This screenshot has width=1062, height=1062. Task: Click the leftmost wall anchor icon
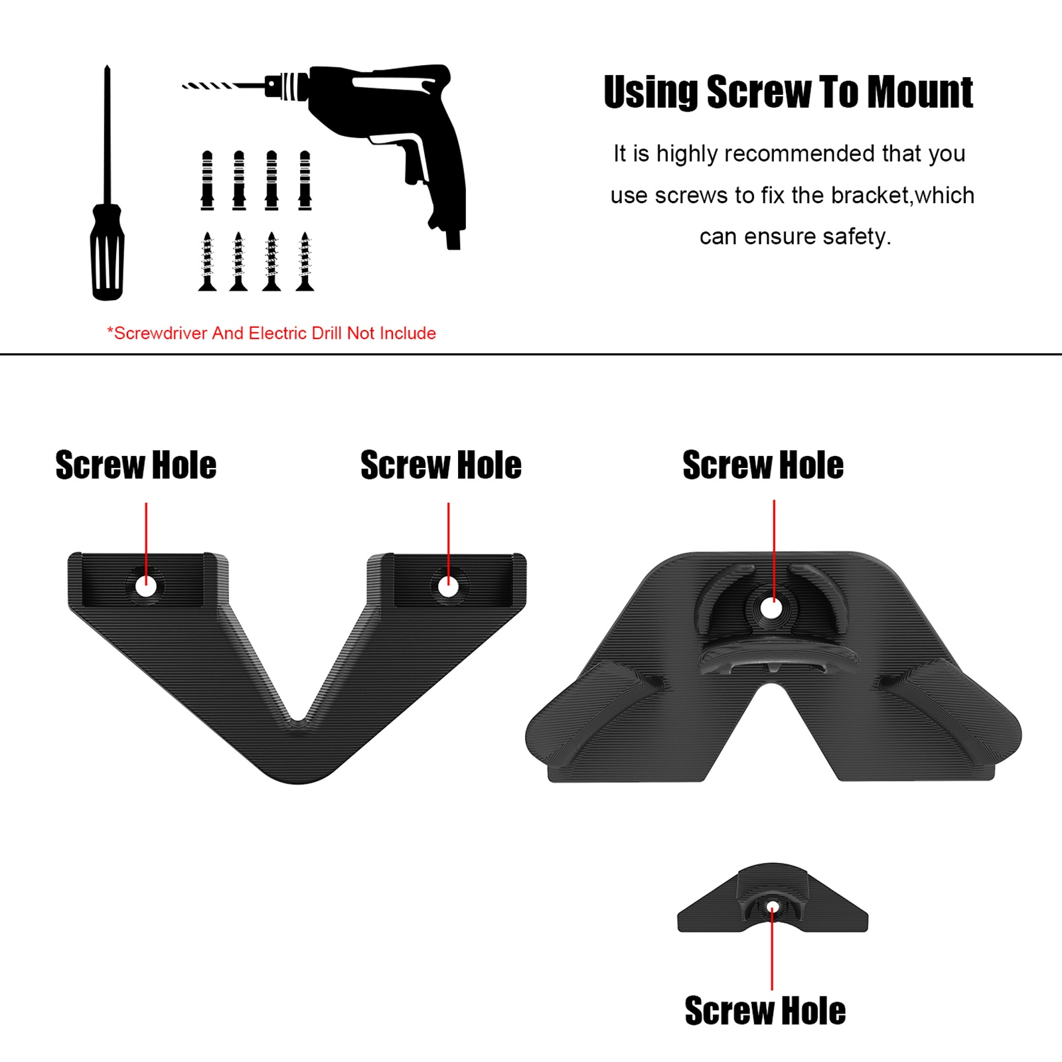pyautogui.click(x=208, y=181)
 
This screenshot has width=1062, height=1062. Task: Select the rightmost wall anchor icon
pyautogui.click(x=305, y=181)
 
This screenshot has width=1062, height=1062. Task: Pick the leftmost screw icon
pyautogui.click(x=208, y=262)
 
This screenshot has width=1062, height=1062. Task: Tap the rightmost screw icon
pyautogui.click(x=305, y=262)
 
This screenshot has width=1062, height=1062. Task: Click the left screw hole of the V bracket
pyautogui.click(x=146, y=586)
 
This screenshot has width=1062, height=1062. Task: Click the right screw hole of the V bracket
pyautogui.click(x=448, y=587)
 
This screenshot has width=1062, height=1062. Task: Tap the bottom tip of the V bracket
pyautogui.click(x=299, y=773)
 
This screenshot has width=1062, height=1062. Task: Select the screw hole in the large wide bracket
pyautogui.click(x=771, y=608)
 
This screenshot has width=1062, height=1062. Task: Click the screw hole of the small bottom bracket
pyautogui.click(x=772, y=907)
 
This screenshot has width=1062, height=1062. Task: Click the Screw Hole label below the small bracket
pyautogui.click(x=765, y=1011)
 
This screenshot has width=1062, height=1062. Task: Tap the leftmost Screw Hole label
pyautogui.click(x=136, y=465)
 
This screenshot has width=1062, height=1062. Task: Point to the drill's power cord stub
pyautogui.click(x=453, y=239)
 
